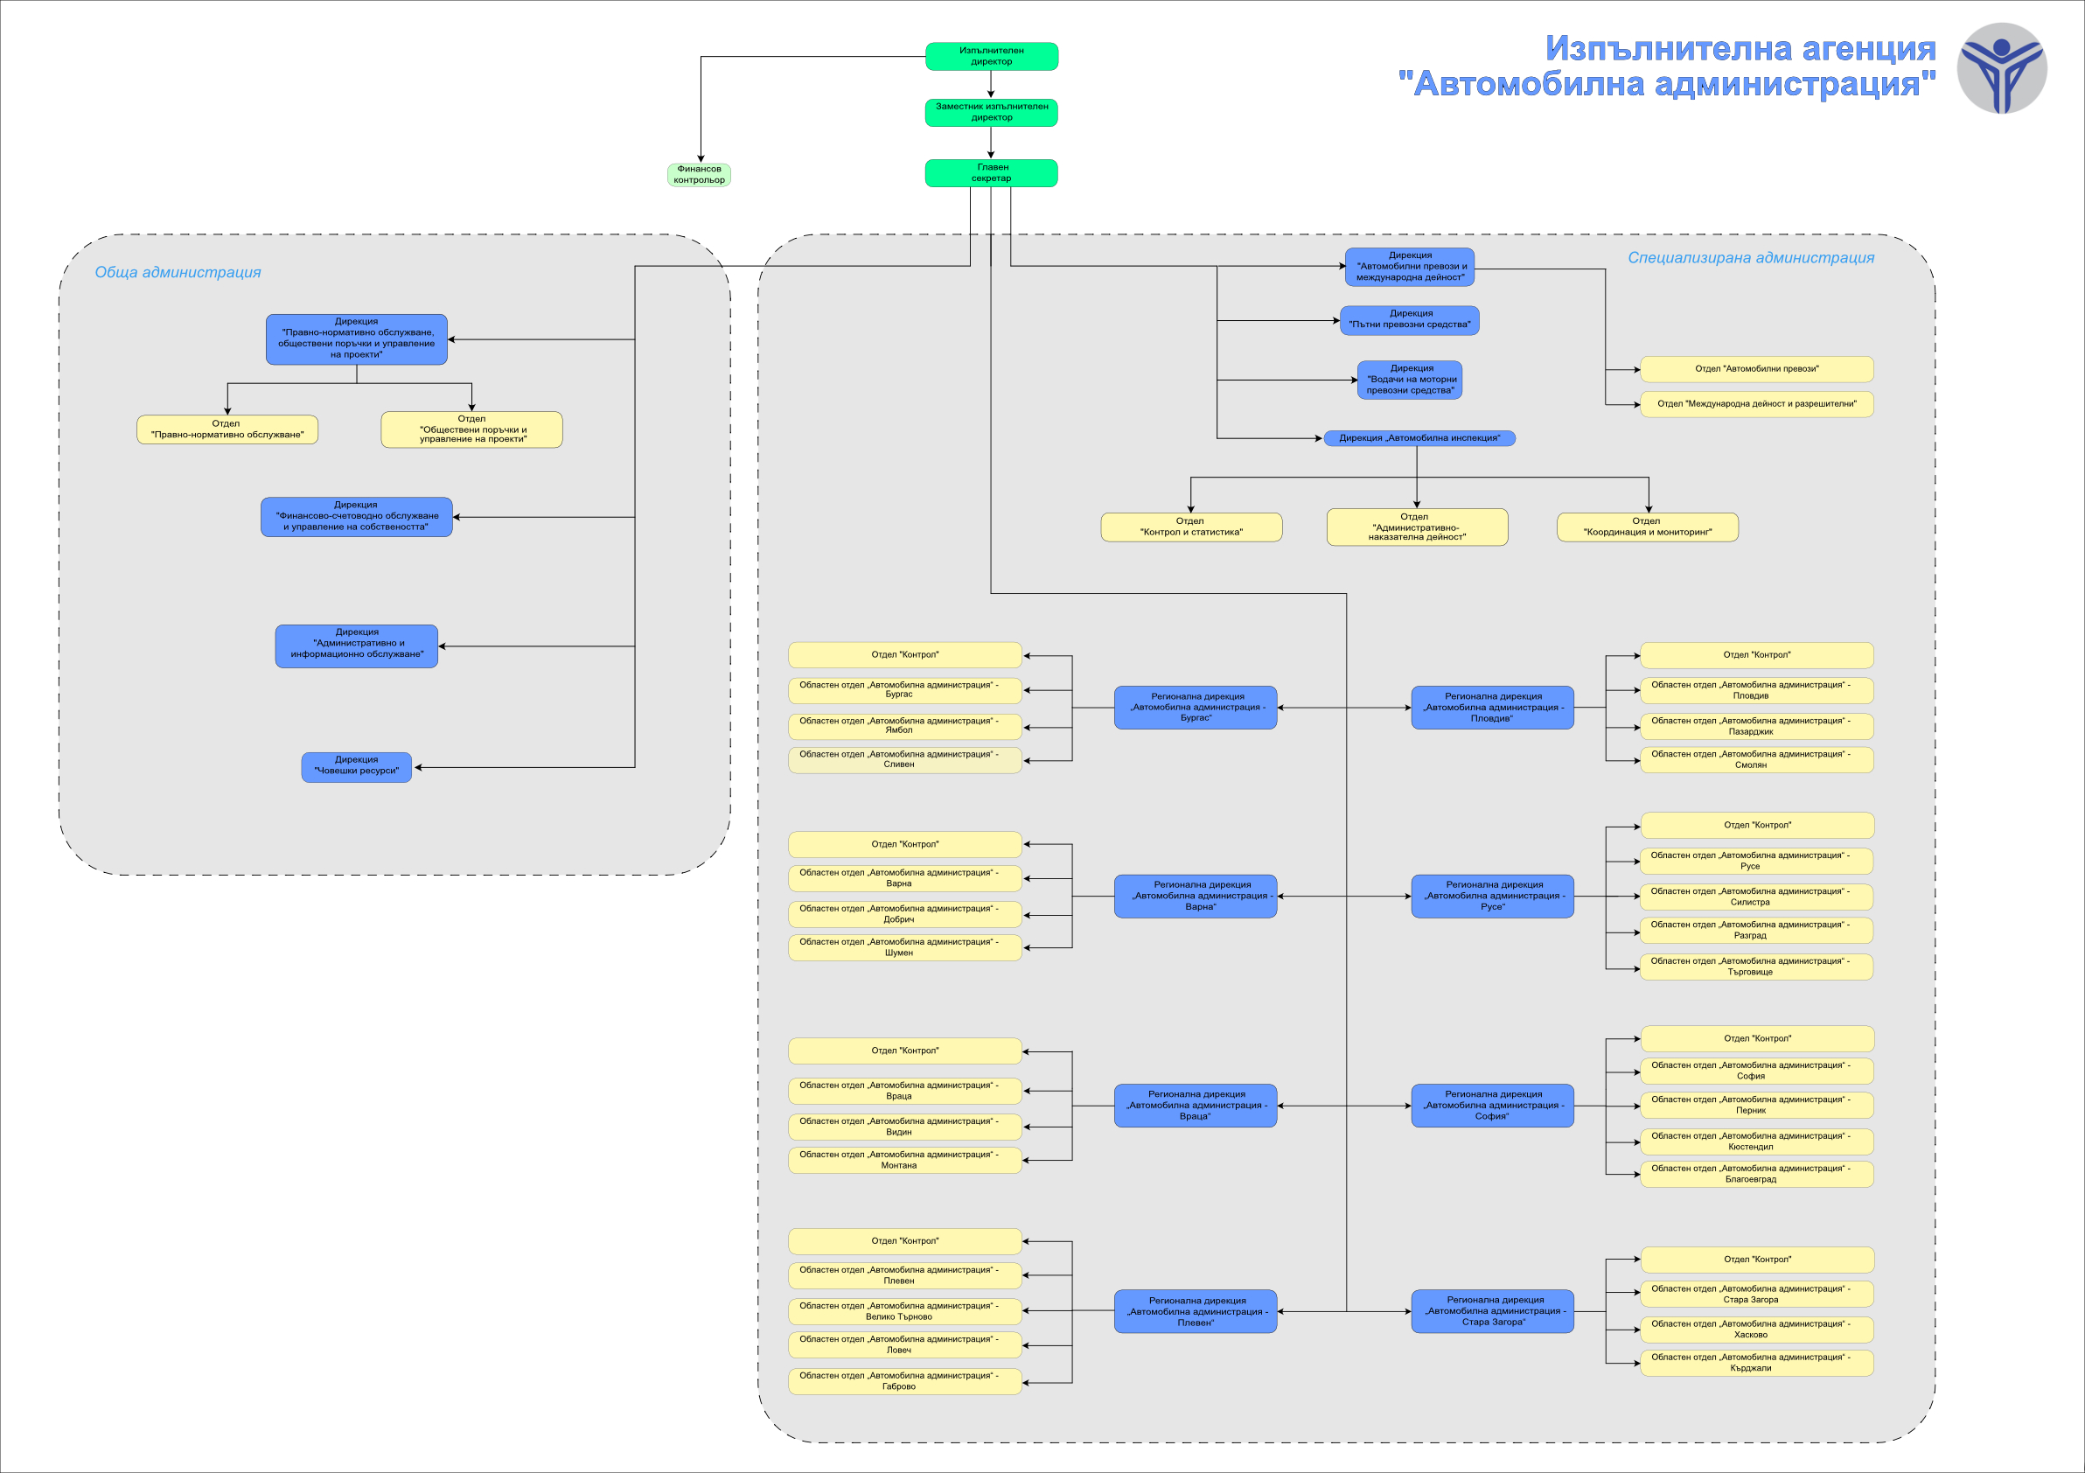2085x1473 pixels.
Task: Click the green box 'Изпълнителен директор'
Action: coord(992,56)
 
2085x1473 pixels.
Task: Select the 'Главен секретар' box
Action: coord(992,172)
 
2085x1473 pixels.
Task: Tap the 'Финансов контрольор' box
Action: coord(700,174)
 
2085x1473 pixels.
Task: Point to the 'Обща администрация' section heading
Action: coord(178,272)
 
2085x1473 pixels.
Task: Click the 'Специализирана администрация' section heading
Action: coord(1751,258)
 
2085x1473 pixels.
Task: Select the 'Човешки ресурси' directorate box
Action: coord(357,766)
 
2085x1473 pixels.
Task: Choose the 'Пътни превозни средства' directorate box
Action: coord(1409,319)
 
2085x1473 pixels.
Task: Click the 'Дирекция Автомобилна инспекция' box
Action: coord(1419,437)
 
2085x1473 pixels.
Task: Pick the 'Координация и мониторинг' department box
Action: coord(1648,527)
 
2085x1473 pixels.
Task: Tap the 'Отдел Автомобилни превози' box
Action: coord(1757,369)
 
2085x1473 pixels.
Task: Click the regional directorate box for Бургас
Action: coord(1196,708)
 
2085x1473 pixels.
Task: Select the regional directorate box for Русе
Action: coord(1493,896)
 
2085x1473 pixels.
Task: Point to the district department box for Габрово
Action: coord(905,1381)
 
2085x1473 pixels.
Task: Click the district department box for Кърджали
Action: coord(1757,1363)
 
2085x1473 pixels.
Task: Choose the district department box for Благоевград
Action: coord(1757,1174)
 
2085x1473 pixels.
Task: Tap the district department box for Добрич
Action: coord(905,913)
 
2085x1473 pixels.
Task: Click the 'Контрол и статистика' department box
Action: coord(1191,527)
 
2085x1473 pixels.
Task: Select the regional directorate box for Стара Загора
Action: coord(1493,1311)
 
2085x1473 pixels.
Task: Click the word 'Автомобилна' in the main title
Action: coord(1530,85)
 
